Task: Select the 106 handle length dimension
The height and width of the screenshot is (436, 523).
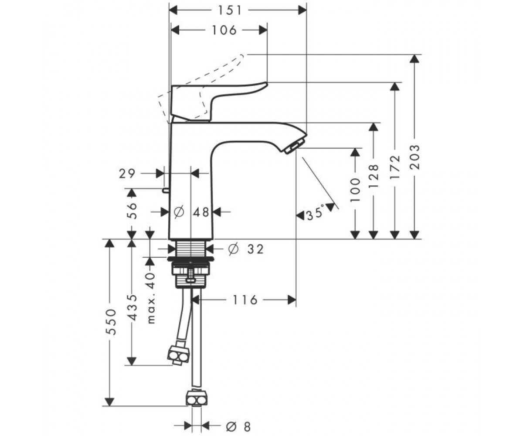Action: click(x=224, y=30)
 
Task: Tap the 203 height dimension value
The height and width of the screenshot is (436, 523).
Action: click(x=415, y=157)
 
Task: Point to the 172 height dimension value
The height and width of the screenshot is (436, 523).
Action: click(x=395, y=167)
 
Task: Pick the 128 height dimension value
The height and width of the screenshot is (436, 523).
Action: click(x=374, y=176)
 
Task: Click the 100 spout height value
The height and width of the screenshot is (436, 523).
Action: click(x=355, y=190)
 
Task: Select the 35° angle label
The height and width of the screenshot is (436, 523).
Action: click(x=316, y=213)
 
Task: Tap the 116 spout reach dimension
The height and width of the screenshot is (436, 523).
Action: click(x=245, y=300)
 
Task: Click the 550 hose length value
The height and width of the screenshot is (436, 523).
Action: click(x=111, y=322)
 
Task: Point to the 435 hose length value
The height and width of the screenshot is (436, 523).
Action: click(x=132, y=308)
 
